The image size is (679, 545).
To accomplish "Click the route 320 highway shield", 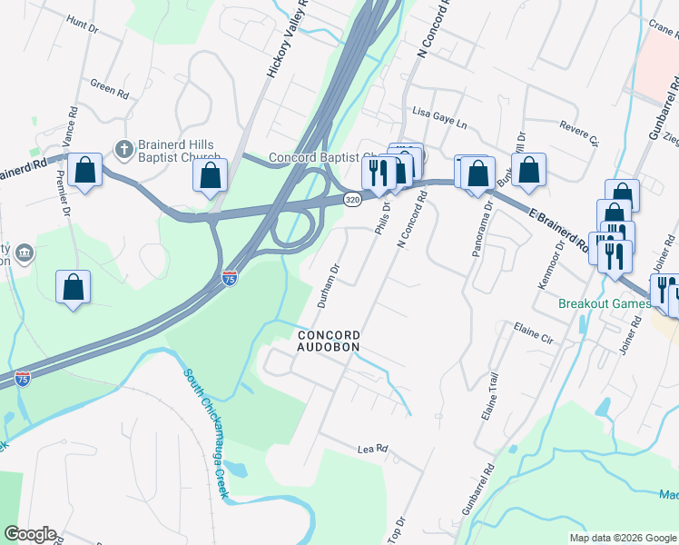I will click(353, 198).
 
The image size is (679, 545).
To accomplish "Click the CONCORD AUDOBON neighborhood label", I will click(330, 341).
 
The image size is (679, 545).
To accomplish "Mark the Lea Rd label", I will click(372, 449).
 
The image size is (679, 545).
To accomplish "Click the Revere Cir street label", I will click(580, 134).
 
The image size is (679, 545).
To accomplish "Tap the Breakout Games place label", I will click(604, 303).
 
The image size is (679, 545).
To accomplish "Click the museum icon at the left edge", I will click(24, 252).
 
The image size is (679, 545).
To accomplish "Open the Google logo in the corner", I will click(31, 533).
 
